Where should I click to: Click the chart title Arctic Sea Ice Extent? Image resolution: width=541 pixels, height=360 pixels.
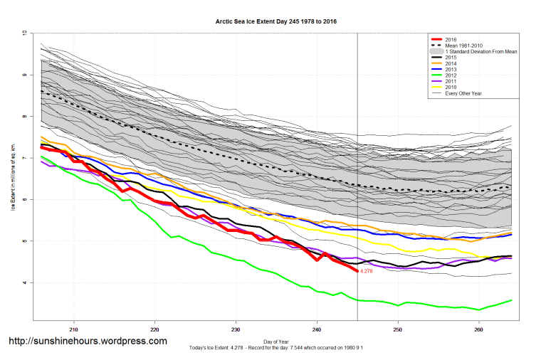pyautogui.click(x=276, y=21)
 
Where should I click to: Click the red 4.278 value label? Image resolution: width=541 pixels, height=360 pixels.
pyautogui.click(x=367, y=272)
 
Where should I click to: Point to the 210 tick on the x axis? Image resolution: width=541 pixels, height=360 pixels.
pyautogui.click(x=73, y=329)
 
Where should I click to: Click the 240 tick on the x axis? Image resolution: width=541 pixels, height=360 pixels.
pyautogui.click(x=317, y=329)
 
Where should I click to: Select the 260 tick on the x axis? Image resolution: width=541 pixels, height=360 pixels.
pyautogui.click(x=479, y=329)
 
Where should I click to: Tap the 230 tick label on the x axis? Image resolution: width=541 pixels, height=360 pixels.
pyautogui.click(x=236, y=329)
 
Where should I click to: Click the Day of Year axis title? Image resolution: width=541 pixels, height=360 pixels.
pyautogui.click(x=276, y=341)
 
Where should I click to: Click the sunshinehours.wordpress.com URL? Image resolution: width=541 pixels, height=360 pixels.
pyautogui.click(x=88, y=342)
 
